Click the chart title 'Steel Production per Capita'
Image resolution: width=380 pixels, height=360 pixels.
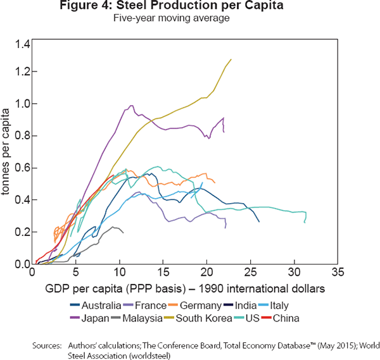point(190,7)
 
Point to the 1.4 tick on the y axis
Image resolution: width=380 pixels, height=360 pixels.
point(22,44)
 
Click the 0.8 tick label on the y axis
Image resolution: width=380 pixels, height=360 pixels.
point(22,136)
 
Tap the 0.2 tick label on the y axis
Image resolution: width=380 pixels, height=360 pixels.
point(22,232)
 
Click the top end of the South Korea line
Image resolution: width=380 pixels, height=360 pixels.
point(231,59)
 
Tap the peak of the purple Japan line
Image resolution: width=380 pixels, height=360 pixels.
point(131,106)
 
